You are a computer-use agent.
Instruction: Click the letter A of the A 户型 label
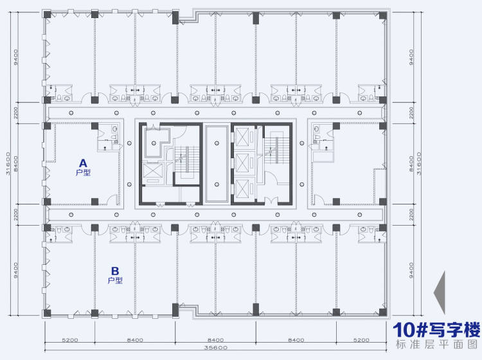83,163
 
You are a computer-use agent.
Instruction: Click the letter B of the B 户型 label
115,271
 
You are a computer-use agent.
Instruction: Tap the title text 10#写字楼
436,330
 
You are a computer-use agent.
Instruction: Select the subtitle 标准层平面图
437,345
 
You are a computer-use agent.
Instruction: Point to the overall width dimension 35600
215,348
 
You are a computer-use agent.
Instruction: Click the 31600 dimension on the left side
8,163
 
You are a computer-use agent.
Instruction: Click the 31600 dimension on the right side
418,163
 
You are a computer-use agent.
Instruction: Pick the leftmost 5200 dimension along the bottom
70,340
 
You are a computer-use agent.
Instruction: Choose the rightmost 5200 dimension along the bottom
361,340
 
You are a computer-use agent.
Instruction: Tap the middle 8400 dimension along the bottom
215,340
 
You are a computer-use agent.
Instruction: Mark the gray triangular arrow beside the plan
440,292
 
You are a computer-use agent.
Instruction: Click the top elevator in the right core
242,137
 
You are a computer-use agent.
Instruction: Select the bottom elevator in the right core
242,189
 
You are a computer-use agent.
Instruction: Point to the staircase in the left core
186,159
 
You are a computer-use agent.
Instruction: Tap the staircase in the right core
276,148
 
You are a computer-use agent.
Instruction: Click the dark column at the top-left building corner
47,14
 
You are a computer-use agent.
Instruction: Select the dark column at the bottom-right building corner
383,312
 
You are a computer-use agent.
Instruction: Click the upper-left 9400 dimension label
15,57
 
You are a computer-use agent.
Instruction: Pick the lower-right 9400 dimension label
411,271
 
